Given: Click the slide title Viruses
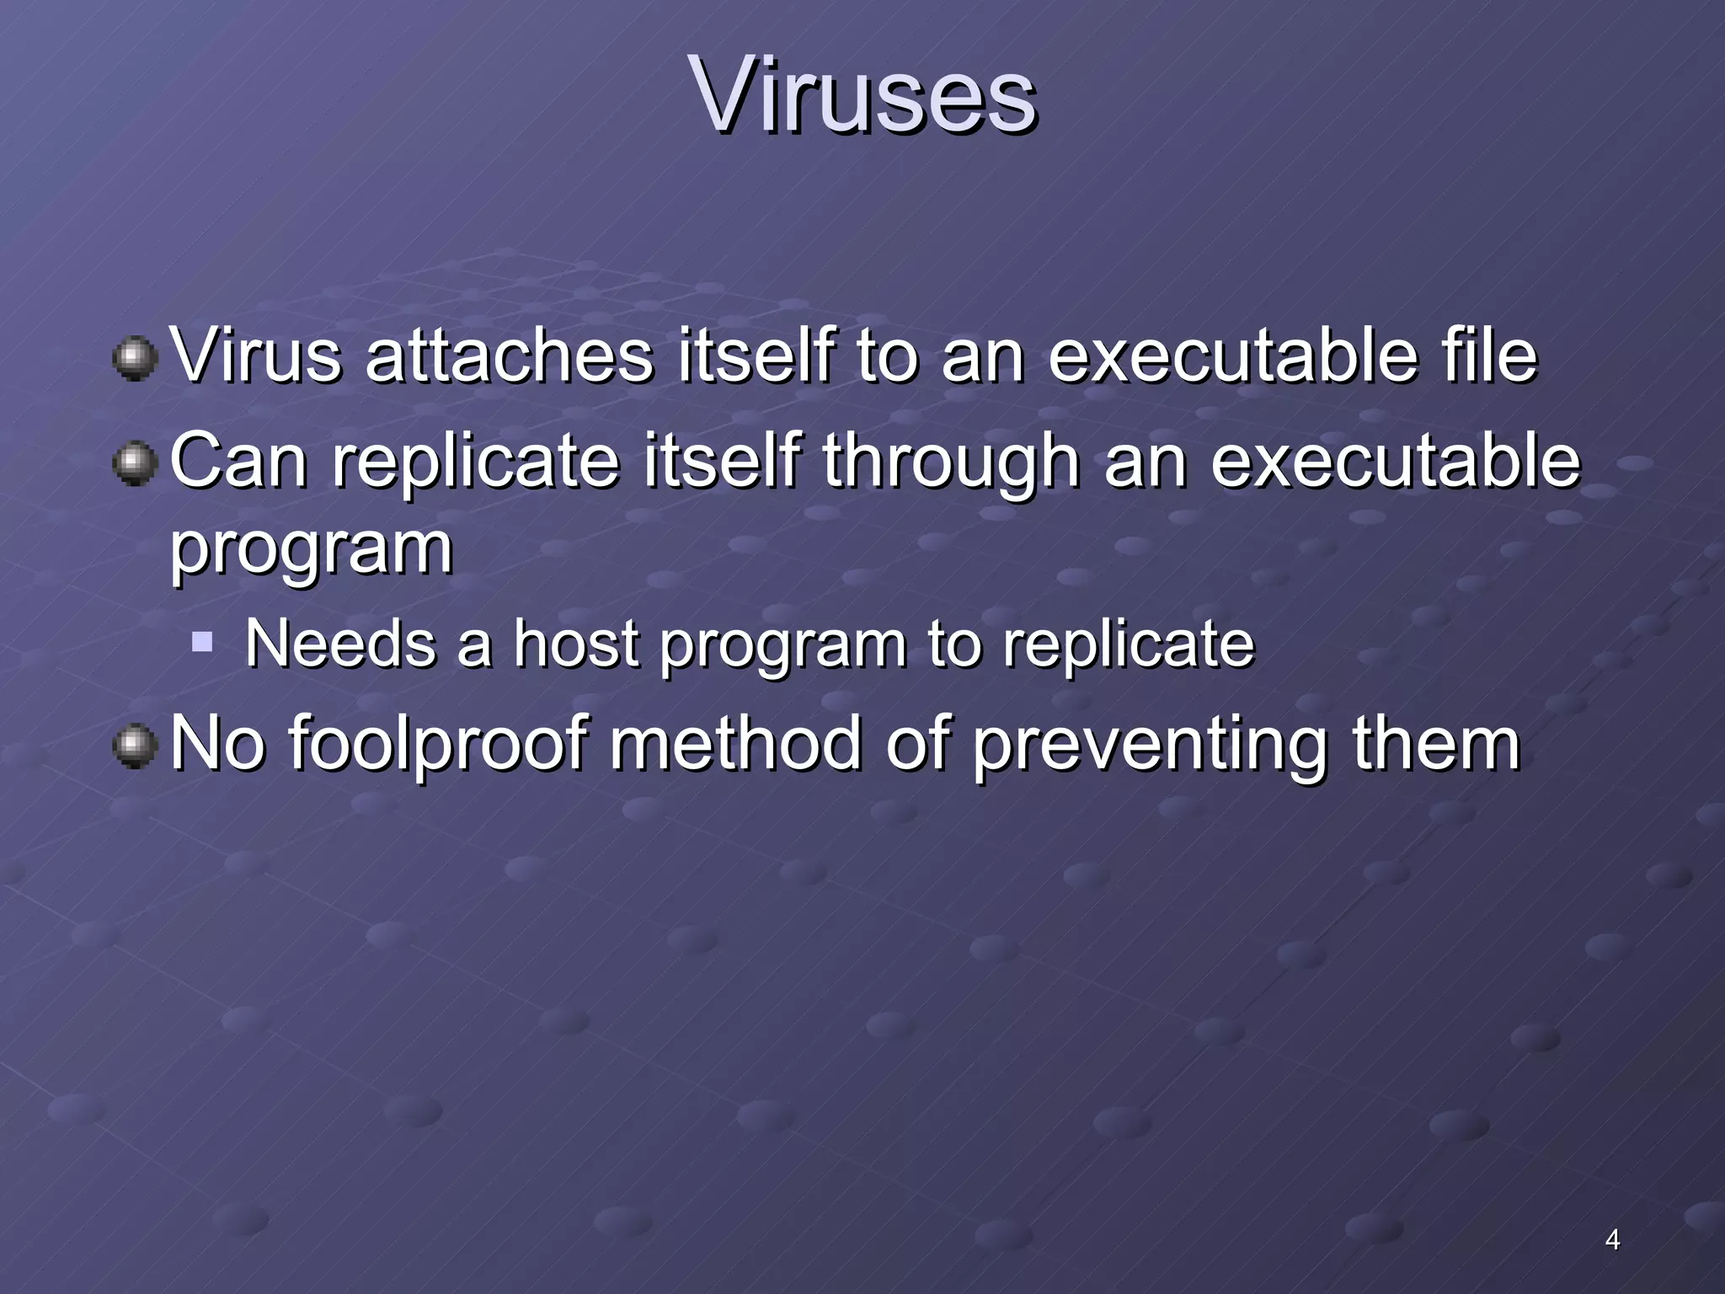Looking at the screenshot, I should tap(862, 94).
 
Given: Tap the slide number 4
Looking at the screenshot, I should tap(1612, 1239).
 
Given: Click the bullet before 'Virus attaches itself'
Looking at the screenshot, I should tap(135, 360).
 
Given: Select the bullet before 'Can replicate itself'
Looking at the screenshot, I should tap(135, 465).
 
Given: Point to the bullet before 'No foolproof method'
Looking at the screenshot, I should tap(135, 747).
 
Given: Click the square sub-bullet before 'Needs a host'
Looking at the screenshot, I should tap(202, 644).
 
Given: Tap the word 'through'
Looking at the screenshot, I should tap(951, 462).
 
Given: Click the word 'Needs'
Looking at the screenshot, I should tap(340, 644).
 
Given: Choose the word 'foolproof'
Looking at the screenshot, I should tap(437, 744).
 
